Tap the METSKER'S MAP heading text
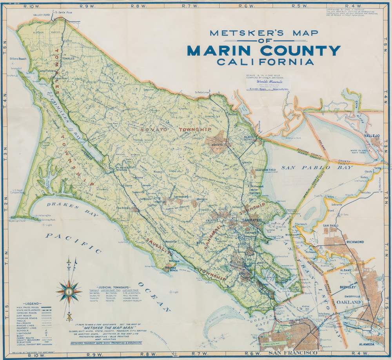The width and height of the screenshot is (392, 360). (264, 33)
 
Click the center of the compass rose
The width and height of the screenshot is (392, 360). (69, 292)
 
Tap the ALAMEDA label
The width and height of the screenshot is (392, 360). (370, 344)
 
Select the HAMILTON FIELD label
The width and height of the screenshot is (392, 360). (268, 169)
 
